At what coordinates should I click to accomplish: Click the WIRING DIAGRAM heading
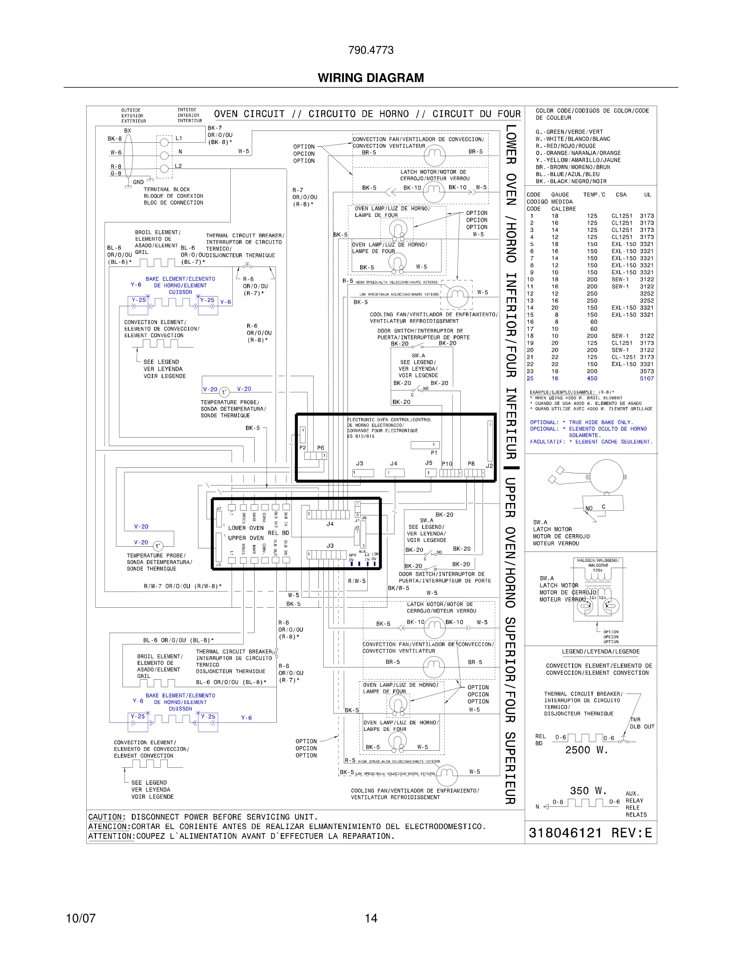coord(371,78)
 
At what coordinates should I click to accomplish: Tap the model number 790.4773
coord(371,50)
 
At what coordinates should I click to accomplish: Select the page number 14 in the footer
coord(371,918)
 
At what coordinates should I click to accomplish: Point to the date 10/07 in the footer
coord(80,918)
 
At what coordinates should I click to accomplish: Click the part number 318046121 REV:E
coord(590,833)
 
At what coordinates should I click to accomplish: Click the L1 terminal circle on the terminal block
coord(164,142)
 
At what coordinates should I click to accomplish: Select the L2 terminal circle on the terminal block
coord(164,168)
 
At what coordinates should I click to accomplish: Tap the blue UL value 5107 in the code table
coord(647,379)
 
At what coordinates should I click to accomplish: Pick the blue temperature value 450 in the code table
coord(592,379)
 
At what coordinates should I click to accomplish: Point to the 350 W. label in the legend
coord(588,790)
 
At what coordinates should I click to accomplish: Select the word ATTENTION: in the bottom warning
coord(111,836)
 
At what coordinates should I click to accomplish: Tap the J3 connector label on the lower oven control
coord(360,463)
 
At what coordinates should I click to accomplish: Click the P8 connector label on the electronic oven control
coord(471,463)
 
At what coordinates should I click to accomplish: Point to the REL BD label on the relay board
coord(278,533)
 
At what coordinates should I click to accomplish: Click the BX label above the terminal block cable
coord(127,131)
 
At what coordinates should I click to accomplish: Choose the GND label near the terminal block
coord(138,182)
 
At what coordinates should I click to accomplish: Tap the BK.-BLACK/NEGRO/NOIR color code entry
coord(571,181)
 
